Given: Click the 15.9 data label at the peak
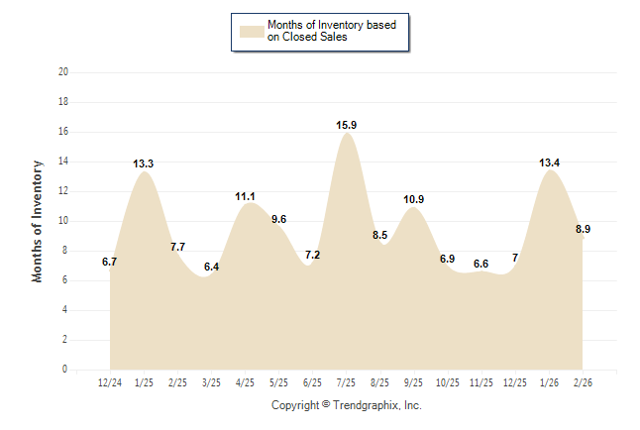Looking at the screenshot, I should [x=347, y=125].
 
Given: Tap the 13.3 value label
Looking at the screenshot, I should [x=144, y=163].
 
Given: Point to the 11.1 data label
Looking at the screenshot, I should [x=246, y=196].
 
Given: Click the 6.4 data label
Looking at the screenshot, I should [x=211, y=267].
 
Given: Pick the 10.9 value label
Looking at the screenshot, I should [x=414, y=199].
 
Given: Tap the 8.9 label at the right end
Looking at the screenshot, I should [x=584, y=229].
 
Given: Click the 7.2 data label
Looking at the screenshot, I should [x=313, y=255].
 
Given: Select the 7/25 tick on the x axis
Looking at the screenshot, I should [x=347, y=380].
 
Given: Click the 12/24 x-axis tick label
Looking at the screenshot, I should [x=110, y=380].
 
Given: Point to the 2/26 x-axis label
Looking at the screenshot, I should [x=584, y=380].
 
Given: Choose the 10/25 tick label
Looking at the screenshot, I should [x=448, y=380].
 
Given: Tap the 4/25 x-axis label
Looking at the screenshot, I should [x=245, y=380].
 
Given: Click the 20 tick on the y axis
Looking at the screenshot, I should [x=63, y=72].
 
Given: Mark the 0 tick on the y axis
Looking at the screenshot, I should [x=65, y=370].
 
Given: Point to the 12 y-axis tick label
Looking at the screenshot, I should [x=63, y=191].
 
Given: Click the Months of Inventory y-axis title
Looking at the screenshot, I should [x=38, y=220].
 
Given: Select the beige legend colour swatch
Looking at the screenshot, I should [x=252, y=31].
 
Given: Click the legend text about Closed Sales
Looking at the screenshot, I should [x=333, y=31].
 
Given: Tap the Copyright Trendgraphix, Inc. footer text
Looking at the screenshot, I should [x=347, y=405].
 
